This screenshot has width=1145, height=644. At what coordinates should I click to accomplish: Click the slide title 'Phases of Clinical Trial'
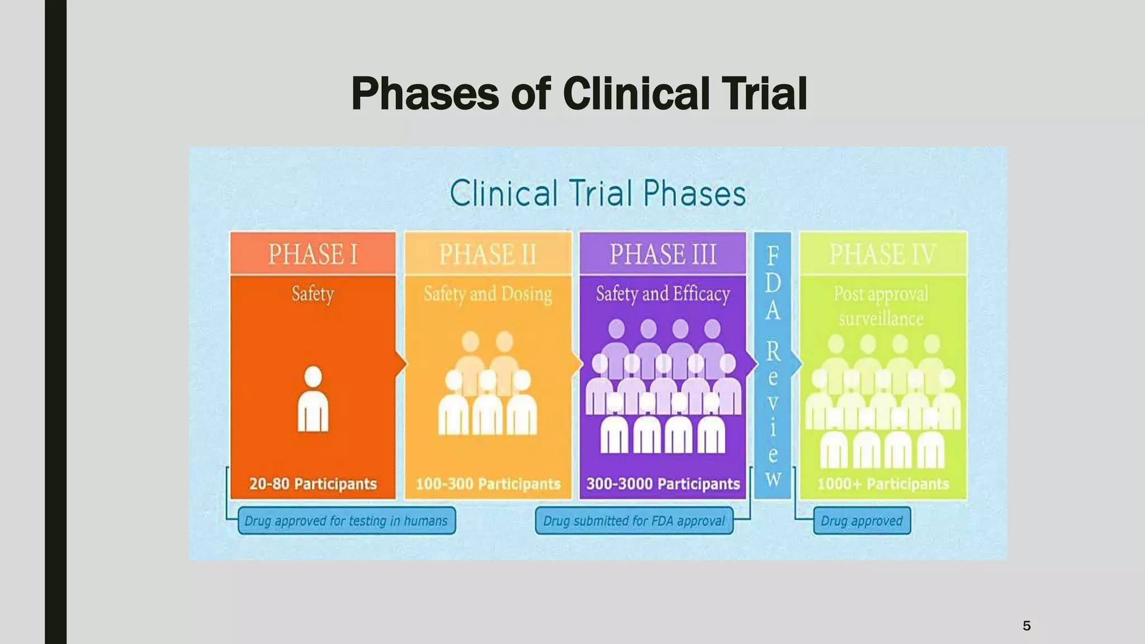coord(579,94)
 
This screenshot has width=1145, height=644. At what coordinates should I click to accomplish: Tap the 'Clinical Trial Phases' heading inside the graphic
coord(598,194)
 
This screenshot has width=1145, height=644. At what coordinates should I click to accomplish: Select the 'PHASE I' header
coord(313,254)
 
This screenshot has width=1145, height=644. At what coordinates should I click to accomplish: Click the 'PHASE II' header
coord(488,254)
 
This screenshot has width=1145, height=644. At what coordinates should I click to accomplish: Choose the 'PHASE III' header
coord(663,254)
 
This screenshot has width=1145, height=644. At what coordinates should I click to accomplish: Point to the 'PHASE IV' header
coord(882,254)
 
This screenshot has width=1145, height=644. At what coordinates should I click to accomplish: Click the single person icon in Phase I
coord(313,399)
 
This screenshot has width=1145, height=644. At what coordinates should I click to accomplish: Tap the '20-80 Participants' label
coord(313,484)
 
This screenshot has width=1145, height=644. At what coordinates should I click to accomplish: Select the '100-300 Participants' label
coord(488,484)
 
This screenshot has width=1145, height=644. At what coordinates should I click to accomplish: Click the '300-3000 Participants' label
coord(663,484)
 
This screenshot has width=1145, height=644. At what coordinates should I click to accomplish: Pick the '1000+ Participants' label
coord(883,484)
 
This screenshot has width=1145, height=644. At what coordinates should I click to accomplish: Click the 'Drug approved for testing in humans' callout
coord(347,521)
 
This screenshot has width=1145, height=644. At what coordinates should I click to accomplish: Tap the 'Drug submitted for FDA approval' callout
coord(634,521)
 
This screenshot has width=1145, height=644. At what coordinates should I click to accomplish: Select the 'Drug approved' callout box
coord(862,521)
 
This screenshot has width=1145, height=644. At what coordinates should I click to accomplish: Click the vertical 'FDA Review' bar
coord(773,366)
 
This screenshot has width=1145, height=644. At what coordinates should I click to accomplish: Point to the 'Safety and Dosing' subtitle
coord(488,294)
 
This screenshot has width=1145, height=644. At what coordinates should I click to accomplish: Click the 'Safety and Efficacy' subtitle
coord(663,294)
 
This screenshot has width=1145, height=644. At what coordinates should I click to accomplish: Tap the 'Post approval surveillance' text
coord(881,306)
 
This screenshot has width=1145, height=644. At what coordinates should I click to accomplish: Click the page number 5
coord(1026,626)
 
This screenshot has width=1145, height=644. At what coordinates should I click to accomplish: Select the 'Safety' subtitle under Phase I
coord(313,294)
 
